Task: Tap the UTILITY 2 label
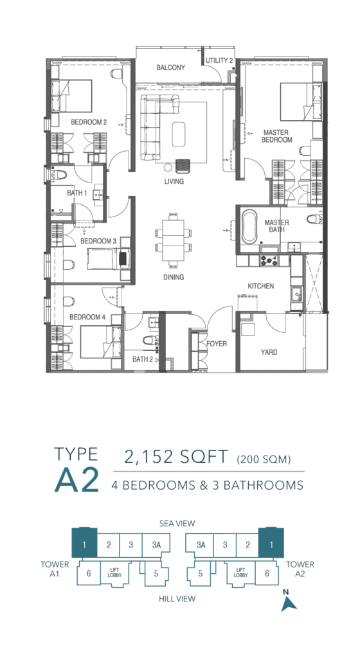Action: point(219,60)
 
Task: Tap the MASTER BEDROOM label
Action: point(276,136)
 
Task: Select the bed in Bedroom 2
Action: point(72,96)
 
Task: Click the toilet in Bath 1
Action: point(59,175)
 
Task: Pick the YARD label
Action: point(269,352)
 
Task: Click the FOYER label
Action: point(217,344)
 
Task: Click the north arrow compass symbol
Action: point(289,603)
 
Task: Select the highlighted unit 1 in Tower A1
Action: point(84,544)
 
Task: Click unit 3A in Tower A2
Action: point(201,545)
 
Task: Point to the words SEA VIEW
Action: point(177,523)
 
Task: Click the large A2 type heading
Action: point(76,479)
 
